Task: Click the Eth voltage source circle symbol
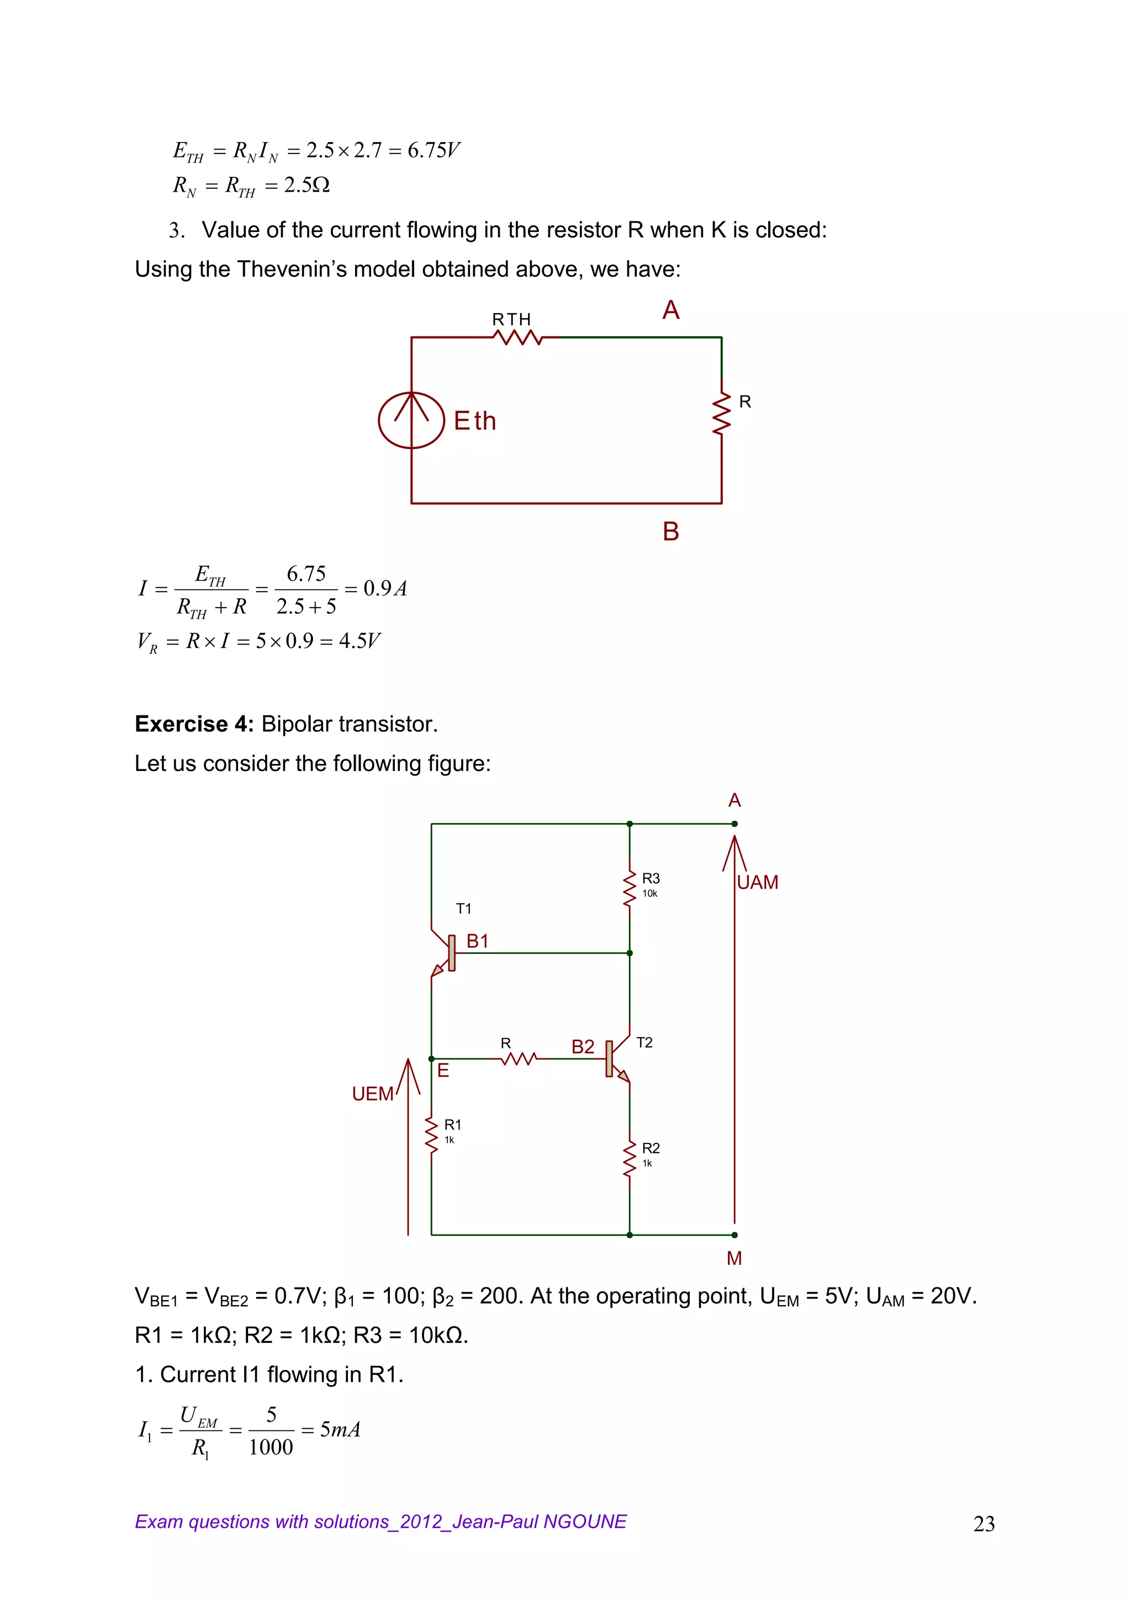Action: pyautogui.click(x=411, y=420)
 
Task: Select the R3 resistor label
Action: pyautogui.click(x=651, y=879)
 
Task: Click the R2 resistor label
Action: pyautogui.click(x=651, y=1148)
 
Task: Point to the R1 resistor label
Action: pyautogui.click(x=453, y=1125)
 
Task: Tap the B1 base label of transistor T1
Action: pyautogui.click(x=478, y=942)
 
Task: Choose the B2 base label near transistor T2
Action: pyautogui.click(x=583, y=1047)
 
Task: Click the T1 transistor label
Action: pyautogui.click(x=464, y=908)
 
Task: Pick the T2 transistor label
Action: pyautogui.click(x=644, y=1043)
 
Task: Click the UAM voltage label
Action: pyautogui.click(x=758, y=883)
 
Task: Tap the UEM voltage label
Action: pyautogui.click(x=373, y=1094)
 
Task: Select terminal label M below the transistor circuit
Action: pyautogui.click(x=734, y=1258)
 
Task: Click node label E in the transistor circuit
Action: pyautogui.click(x=443, y=1070)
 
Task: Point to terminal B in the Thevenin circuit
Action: pyautogui.click(x=670, y=532)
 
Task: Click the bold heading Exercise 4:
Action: pyautogui.click(x=194, y=724)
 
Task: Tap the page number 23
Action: pyautogui.click(x=984, y=1524)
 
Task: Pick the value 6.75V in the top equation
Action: pyautogui.click(x=433, y=150)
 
